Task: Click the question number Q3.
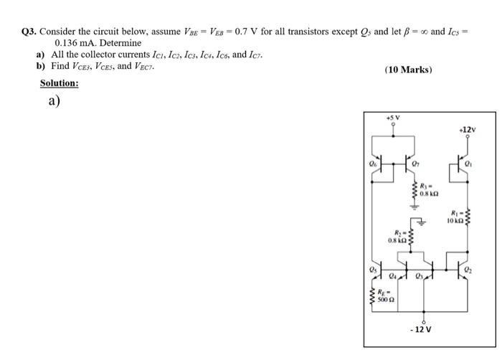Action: coord(30,32)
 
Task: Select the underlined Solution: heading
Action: coord(59,83)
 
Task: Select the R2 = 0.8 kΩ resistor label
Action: coord(398,236)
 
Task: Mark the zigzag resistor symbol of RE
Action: coord(372,297)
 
